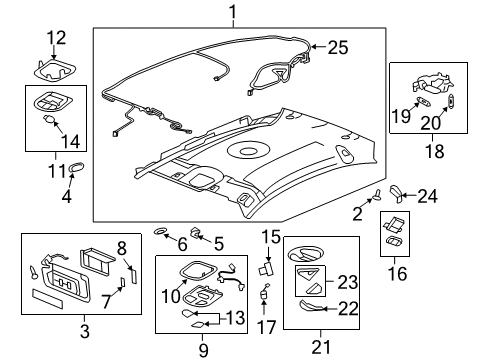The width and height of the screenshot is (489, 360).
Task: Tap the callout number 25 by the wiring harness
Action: [x=338, y=47]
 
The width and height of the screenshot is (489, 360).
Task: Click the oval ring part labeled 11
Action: [x=79, y=167]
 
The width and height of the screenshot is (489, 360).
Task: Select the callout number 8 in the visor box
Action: [x=122, y=248]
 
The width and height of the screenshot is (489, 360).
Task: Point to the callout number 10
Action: [x=171, y=295]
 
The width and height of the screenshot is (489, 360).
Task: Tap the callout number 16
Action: [x=397, y=271]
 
